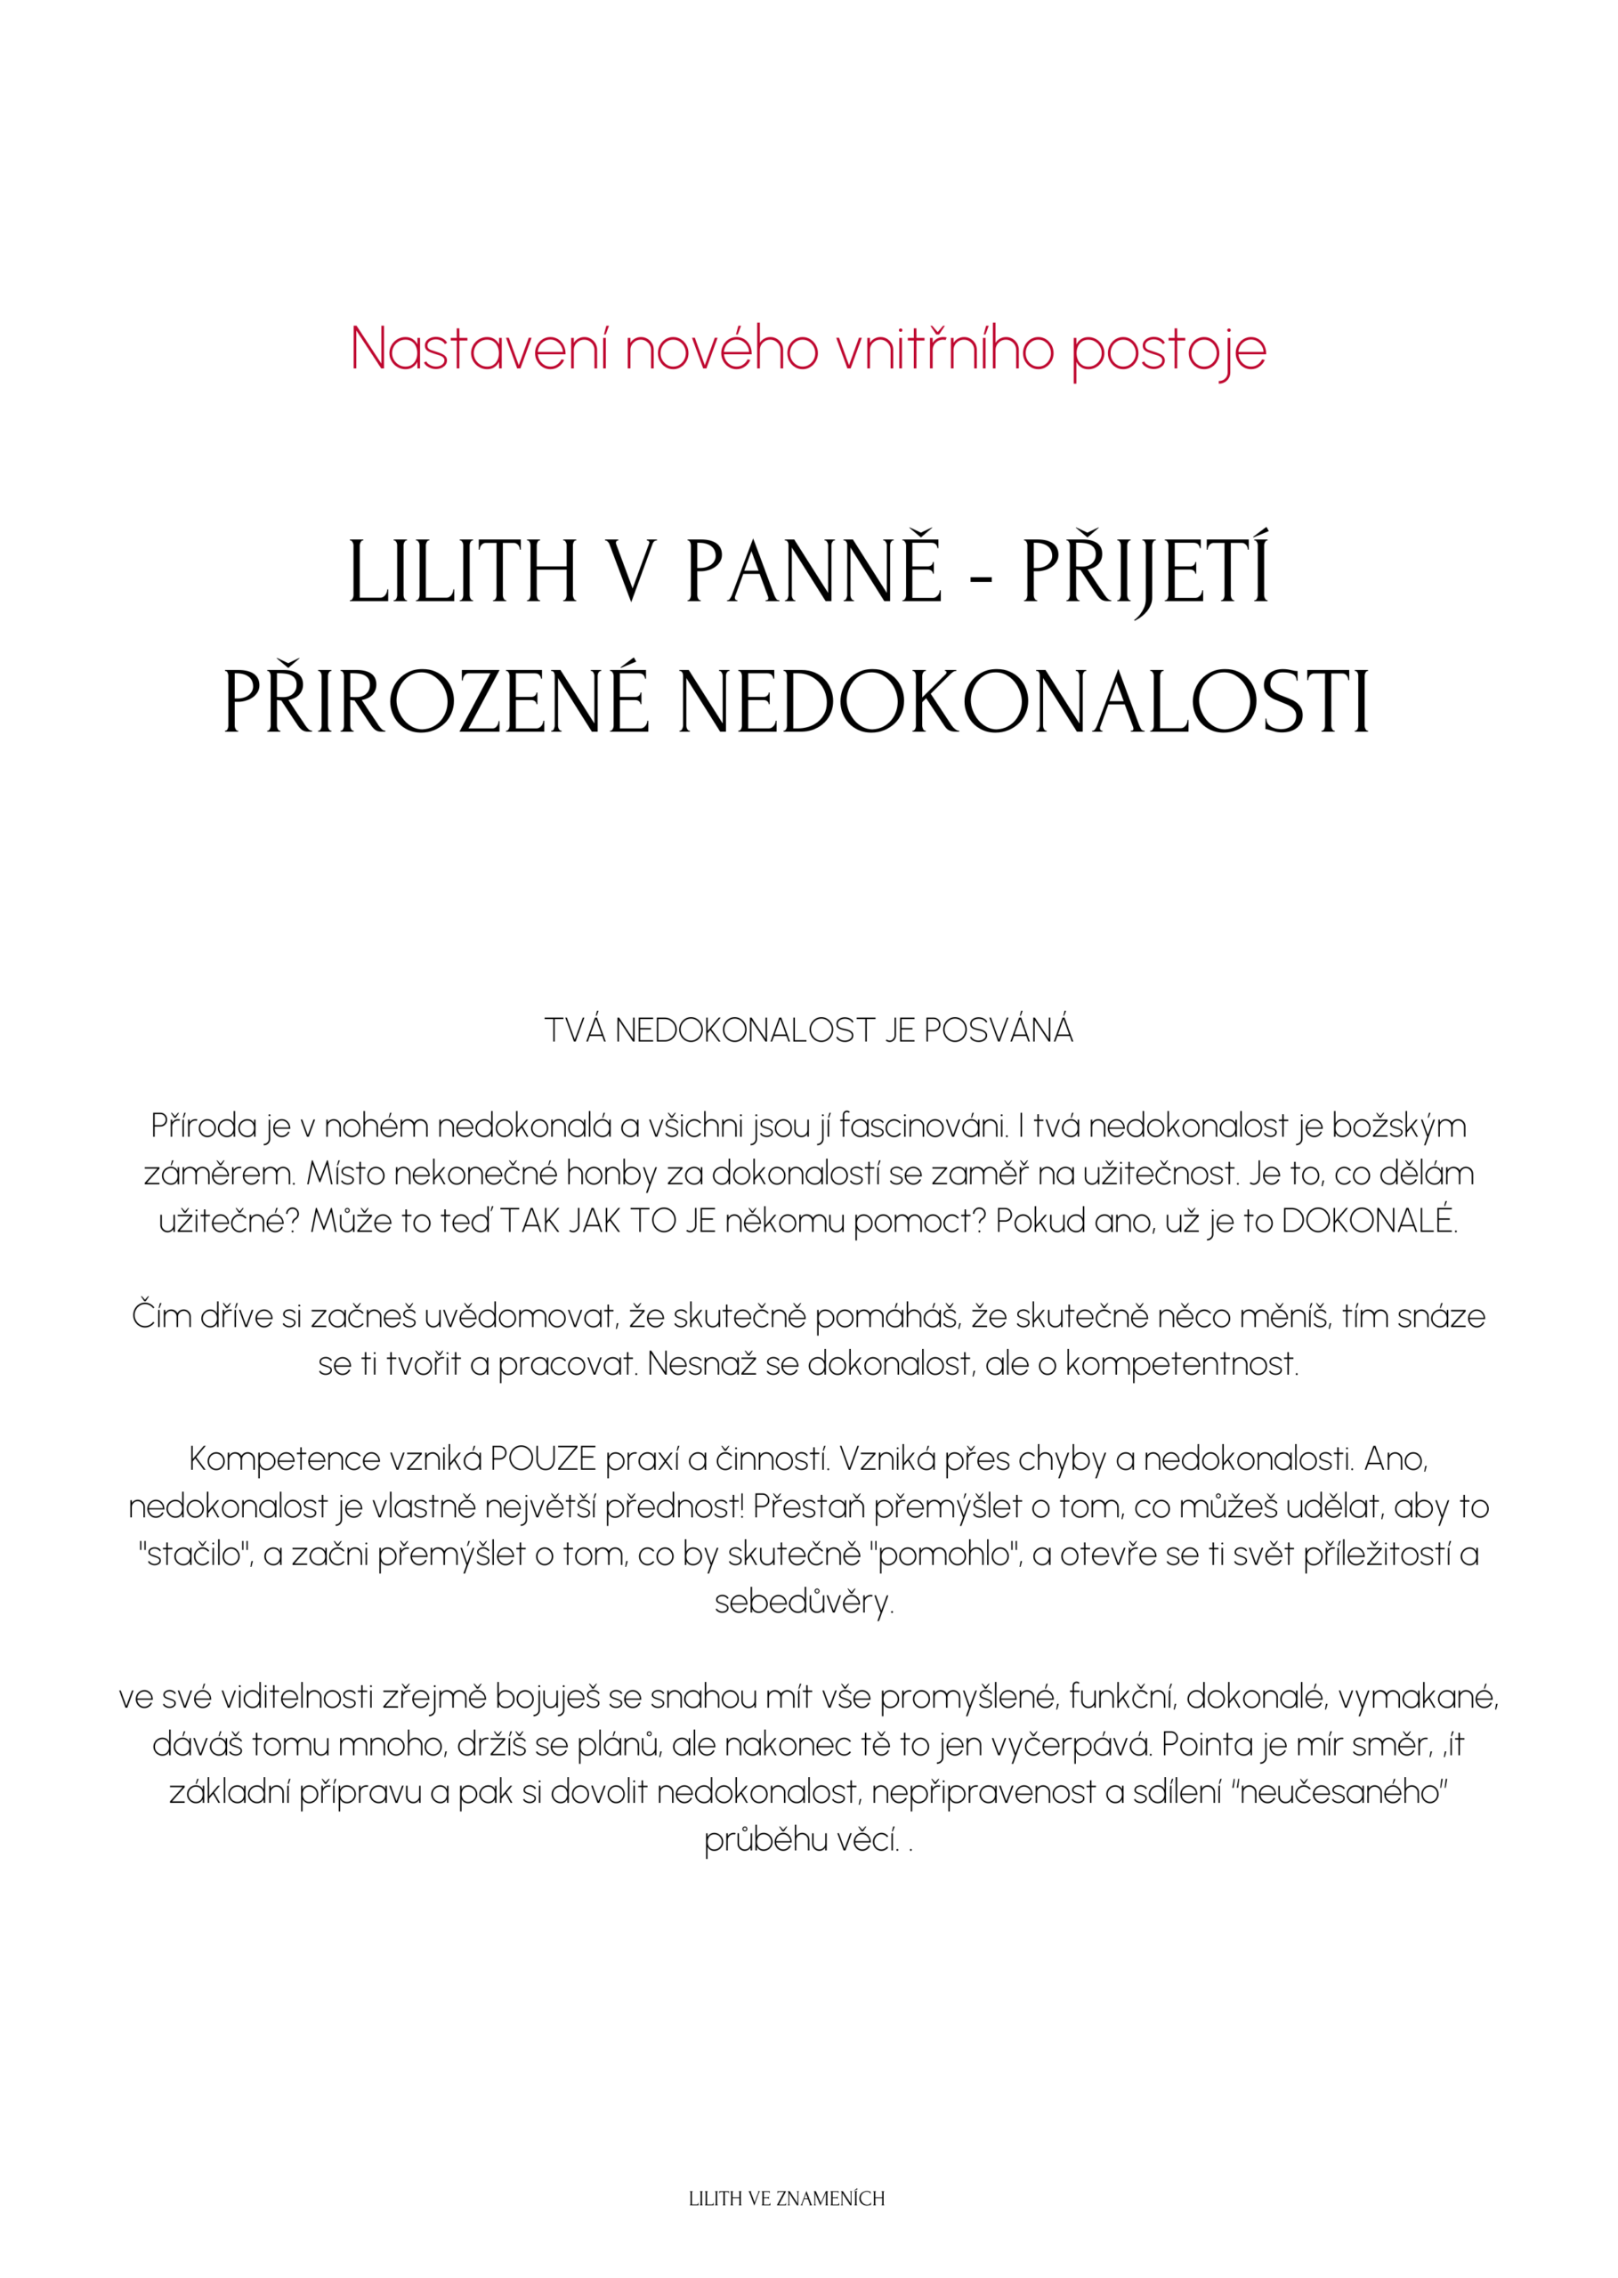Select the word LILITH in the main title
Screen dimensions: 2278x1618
[x=462, y=572]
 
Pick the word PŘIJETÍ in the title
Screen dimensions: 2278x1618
[x=1145, y=572]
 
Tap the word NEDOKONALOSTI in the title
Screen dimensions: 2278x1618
[x=1024, y=703]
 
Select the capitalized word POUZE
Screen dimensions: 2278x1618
[x=543, y=1459]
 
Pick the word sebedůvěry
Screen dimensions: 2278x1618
[x=804, y=1603]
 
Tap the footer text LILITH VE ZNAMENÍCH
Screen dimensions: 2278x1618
[x=787, y=2198]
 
